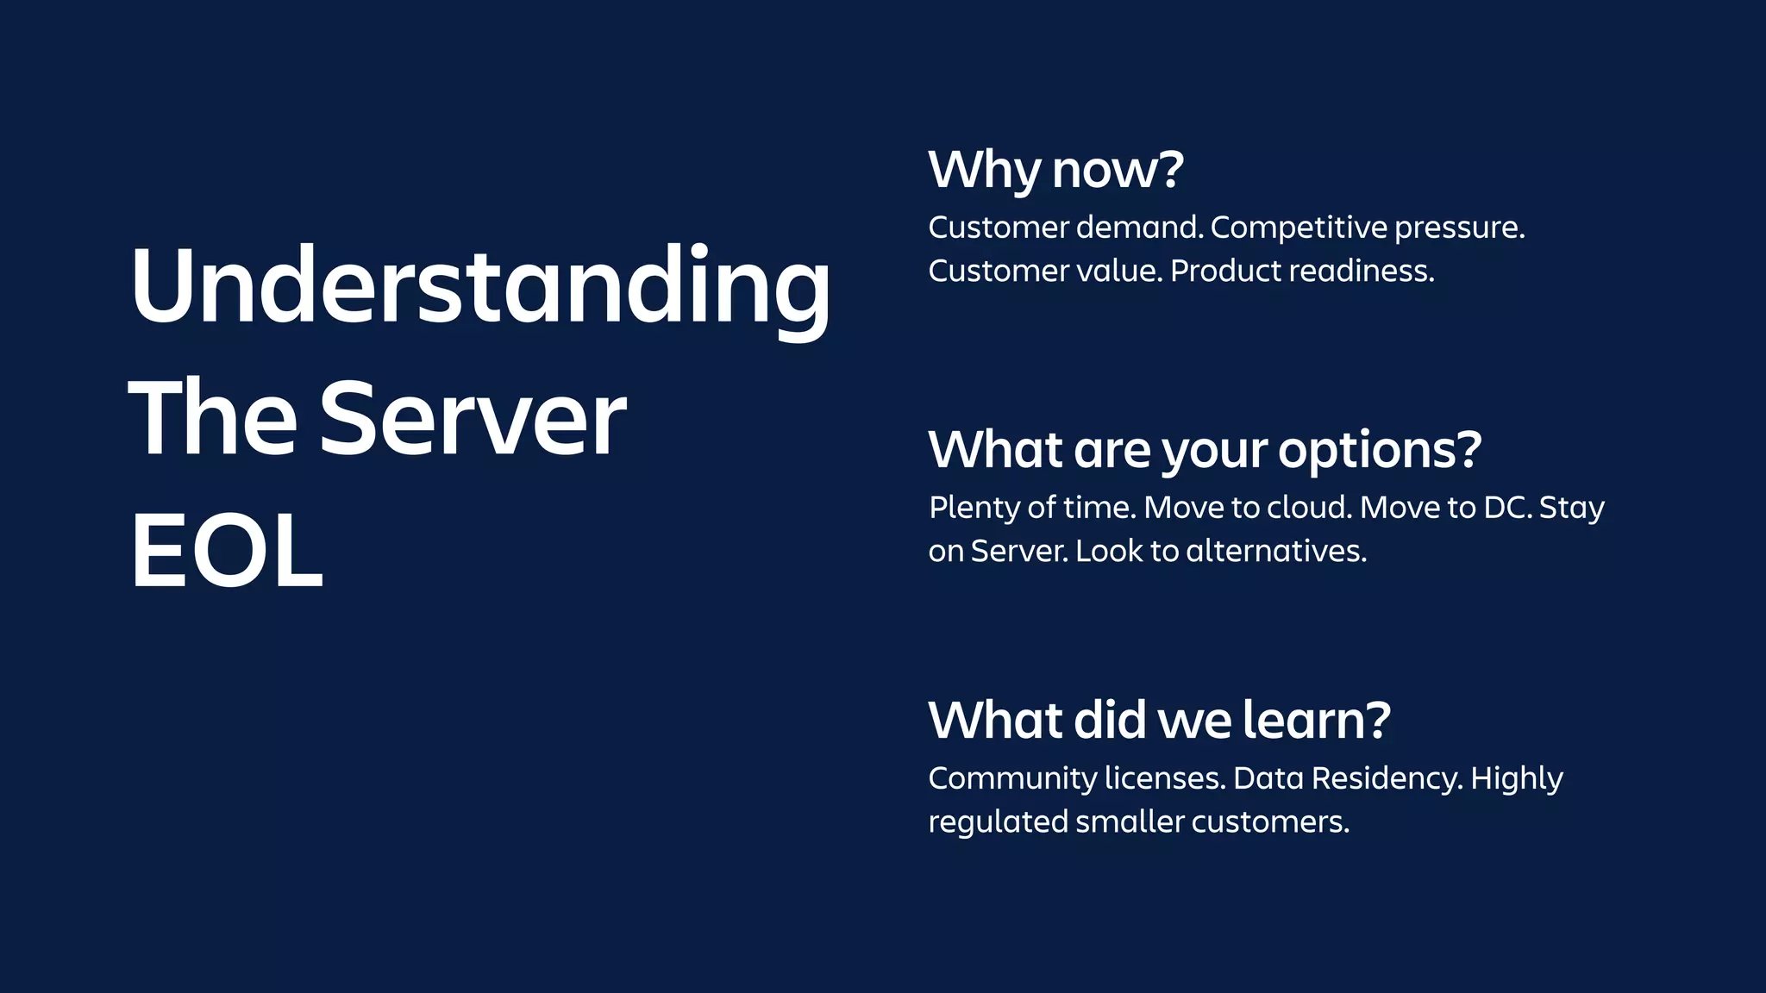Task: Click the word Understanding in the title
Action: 479,286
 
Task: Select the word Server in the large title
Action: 473,419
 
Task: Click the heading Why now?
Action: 1055,170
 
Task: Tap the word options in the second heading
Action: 1378,451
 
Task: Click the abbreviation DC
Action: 1506,508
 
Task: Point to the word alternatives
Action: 1276,552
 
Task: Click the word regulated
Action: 998,823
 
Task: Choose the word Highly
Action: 1516,779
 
